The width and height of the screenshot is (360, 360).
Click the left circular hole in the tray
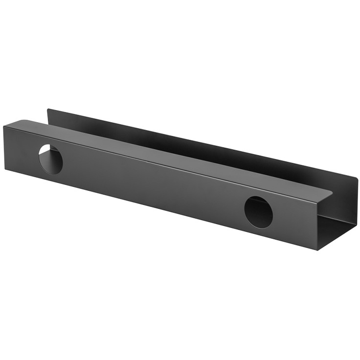(51, 158)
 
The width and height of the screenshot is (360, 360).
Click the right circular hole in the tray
(258, 212)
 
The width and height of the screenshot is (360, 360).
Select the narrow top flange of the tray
(161, 156)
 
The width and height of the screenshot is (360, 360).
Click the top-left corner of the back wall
(48, 110)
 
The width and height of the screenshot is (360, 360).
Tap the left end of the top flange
(20, 122)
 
